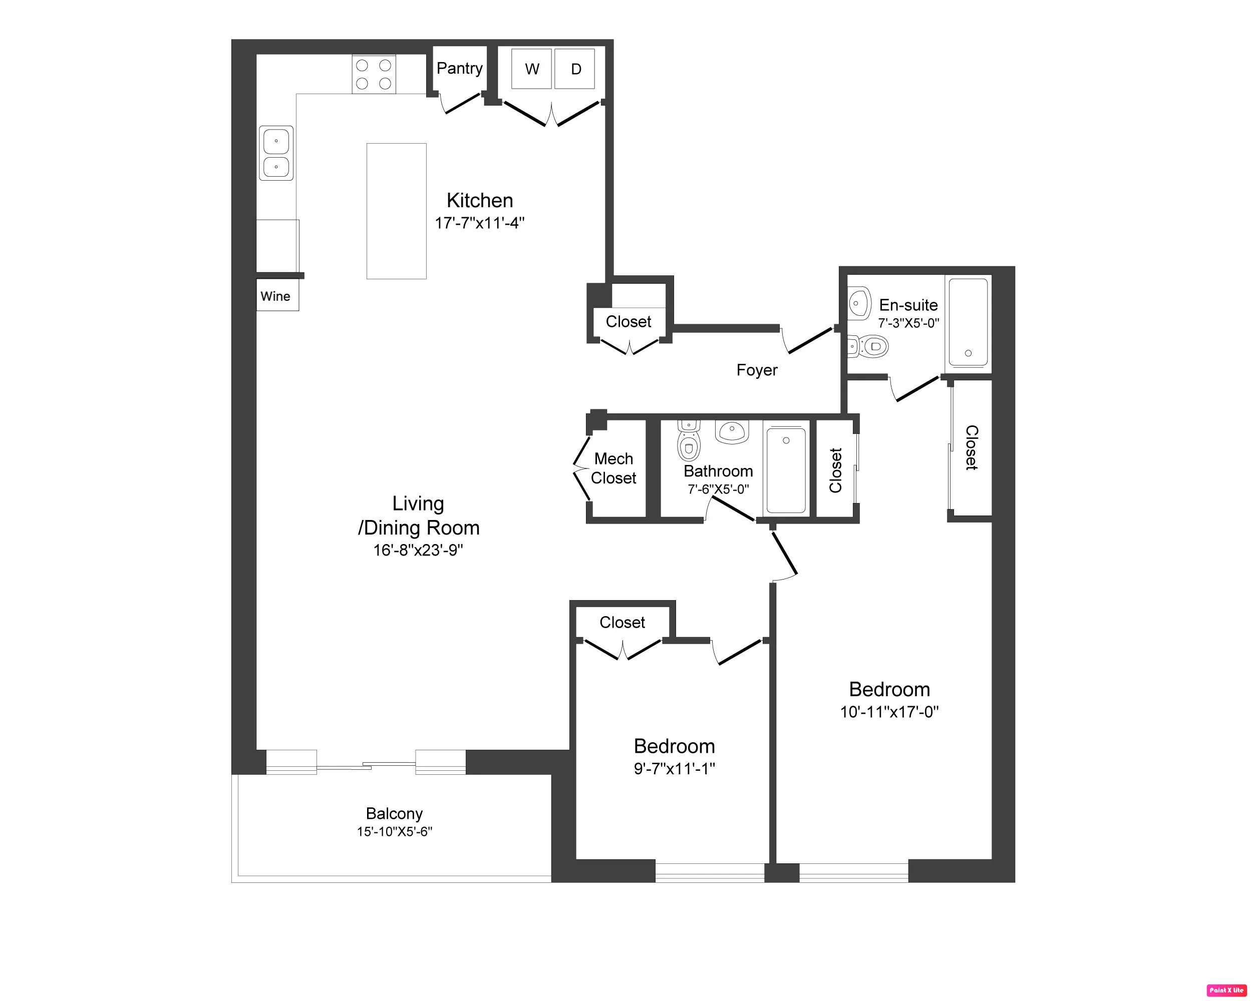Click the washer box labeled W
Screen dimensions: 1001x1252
tap(531, 69)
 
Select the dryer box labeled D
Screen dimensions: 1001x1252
tap(574, 69)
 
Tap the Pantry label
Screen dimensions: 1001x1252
tap(459, 68)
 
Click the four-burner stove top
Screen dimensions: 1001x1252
tap(374, 74)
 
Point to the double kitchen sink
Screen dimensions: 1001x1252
tap(276, 153)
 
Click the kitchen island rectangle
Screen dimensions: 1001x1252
tap(396, 211)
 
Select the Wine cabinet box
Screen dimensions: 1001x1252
tap(277, 296)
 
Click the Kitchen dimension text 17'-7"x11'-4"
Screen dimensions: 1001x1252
tap(479, 223)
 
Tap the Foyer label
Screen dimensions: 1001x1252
tap(756, 370)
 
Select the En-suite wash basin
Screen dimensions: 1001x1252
tap(858, 303)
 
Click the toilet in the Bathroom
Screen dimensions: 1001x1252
tap(688, 443)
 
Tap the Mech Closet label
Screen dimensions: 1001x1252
tap(613, 467)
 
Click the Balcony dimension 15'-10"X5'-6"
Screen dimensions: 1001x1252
tap(394, 831)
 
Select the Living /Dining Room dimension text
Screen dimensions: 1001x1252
tap(418, 550)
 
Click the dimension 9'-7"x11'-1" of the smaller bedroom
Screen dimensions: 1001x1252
tap(674, 768)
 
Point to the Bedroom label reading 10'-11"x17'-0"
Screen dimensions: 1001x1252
tap(888, 689)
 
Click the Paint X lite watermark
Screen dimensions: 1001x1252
tap(1226, 990)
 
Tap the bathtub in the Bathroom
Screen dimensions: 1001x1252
tap(785, 470)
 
